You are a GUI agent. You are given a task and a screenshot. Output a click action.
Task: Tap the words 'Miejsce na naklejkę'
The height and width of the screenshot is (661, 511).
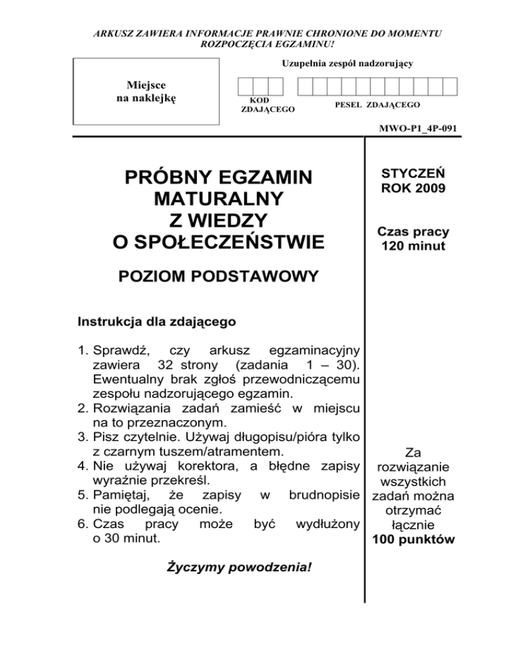(145, 92)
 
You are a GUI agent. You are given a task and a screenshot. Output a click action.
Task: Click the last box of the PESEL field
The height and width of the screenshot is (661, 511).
(450, 86)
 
